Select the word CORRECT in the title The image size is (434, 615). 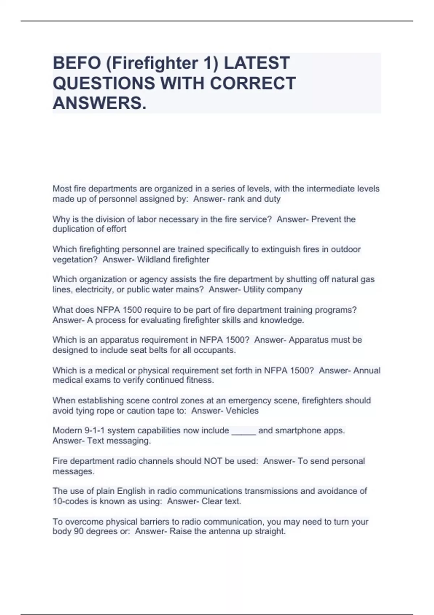point(253,83)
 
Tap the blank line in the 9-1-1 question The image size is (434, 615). point(243,431)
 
